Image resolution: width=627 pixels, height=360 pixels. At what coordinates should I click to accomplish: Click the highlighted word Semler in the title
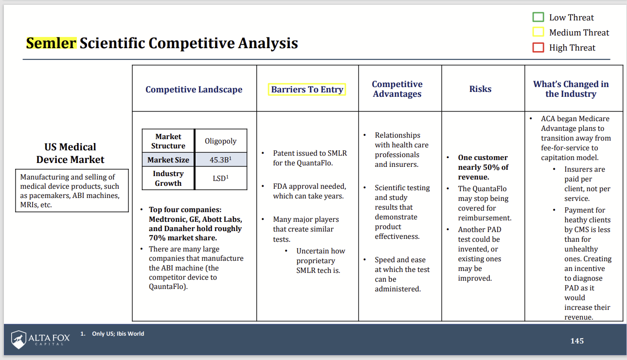[x=51, y=43]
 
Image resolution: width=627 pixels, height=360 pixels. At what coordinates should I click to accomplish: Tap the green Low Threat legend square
[x=538, y=17]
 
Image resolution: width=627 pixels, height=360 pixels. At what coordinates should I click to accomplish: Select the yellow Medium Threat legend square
[x=538, y=32]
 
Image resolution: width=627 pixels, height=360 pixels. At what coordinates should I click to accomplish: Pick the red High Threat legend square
[x=538, y=47]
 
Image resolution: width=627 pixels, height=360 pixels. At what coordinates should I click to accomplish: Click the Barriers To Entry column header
[x=307, y=90]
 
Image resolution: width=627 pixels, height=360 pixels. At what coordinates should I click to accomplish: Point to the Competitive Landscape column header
[x=194, y=90]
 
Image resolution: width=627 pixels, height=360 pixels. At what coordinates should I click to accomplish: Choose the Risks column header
[x=480, y=89]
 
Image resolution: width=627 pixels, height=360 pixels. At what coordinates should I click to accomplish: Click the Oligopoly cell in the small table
[x=220, y=141]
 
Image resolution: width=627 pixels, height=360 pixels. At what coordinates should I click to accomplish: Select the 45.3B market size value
[x=220, y=160]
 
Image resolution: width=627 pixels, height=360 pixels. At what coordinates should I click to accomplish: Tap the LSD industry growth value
[x=220, y=179]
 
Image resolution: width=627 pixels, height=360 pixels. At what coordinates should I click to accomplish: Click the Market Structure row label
[x=168, y=141]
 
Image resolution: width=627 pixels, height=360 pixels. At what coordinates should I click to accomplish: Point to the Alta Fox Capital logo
[x=40, y=339]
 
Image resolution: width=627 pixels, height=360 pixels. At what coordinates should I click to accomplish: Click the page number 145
[x=577, y=341]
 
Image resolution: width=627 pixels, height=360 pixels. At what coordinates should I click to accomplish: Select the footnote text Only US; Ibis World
[x=118, y=334]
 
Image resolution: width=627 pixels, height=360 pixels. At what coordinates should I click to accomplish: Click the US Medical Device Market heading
[x=70, y=153]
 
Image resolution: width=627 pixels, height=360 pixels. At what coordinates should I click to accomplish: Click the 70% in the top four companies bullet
[x=158, y=238]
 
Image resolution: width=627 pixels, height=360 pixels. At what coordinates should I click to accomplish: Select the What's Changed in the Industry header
[x=571, y=89]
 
